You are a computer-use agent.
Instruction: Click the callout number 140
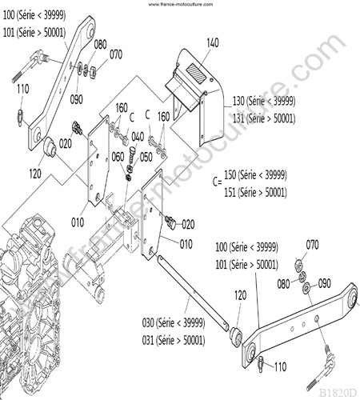pos(213,42)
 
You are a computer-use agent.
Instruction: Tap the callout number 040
pos(138,137)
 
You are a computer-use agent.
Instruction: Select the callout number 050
pos(146,157)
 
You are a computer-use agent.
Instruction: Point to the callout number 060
pos(118,157)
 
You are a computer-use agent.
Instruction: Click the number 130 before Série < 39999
pos(238,101)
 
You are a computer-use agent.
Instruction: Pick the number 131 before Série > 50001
pos(238,118)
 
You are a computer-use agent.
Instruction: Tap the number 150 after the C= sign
pos(230,175)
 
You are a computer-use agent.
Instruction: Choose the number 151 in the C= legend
pos(230,192)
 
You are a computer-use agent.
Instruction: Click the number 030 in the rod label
pos(148,322)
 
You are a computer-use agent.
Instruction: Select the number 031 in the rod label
pos(148,340)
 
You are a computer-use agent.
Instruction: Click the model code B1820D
pos(338,393)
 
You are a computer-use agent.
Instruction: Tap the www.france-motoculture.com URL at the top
pos(181,4)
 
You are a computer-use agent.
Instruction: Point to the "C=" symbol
pos(218,182)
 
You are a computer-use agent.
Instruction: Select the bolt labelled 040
pos(133,155)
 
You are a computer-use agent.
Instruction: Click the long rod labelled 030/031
pos(194,293)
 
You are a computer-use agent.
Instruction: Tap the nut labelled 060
pos(128,178)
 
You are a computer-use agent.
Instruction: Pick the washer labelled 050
pos(130,169)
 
